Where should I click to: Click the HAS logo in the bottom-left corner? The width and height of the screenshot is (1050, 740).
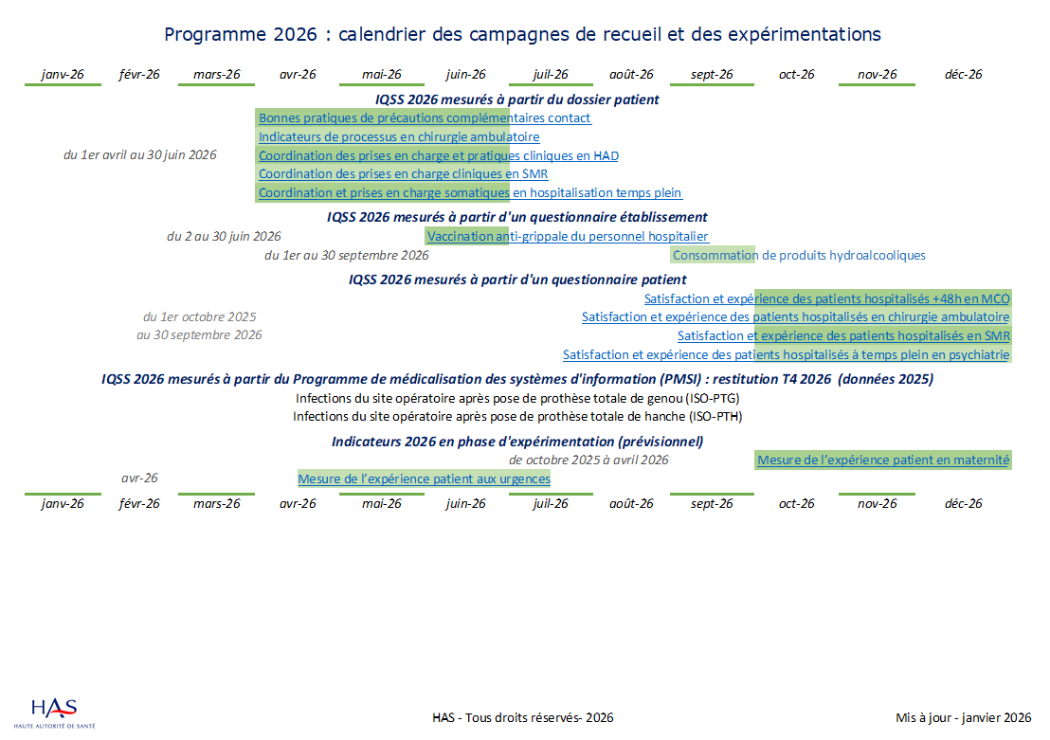click(x=55, y=713)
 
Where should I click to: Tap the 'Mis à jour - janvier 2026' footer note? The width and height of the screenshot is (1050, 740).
click(x=963, y=718)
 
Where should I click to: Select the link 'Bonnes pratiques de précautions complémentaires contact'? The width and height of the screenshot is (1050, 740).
click(x=425, y=118)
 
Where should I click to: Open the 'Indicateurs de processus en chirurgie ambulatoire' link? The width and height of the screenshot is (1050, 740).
click(x=399, y=137)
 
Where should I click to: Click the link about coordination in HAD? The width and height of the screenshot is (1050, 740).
click(x=438, y=155)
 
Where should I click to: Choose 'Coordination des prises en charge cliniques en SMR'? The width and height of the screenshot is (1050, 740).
click(x=403, y=174)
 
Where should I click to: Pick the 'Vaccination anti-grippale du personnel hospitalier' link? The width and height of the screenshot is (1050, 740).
click(x=568, y=237)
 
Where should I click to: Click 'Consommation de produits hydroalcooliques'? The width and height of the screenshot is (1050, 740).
click(x=798, y=255)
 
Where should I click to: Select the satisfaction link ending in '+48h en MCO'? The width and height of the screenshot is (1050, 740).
click(x=826, y=298)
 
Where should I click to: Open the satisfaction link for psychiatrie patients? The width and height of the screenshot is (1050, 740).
click(x=786, y=355)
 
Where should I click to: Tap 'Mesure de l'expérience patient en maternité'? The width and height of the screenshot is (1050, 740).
click(x=883, y=460)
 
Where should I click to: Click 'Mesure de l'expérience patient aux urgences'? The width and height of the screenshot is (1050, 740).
click(x=424, y=479)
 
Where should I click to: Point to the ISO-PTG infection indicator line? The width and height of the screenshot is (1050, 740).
click(x=517, y=398)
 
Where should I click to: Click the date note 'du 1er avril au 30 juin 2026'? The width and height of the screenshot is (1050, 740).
click(x=139, y=155)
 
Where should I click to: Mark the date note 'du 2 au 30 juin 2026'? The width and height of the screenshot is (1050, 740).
click(x=224, y=237)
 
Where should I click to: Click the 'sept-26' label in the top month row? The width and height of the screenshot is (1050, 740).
click(x=712, y=75)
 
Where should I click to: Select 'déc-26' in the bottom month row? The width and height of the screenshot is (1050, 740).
click(x=963, y=504)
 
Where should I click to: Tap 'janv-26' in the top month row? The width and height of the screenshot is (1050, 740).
click(x=63, y=75)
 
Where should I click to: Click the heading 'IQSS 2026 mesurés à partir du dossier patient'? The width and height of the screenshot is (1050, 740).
click(x=516, y=99)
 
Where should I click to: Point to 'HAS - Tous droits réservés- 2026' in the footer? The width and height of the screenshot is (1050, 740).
click(x=522, y=718)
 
